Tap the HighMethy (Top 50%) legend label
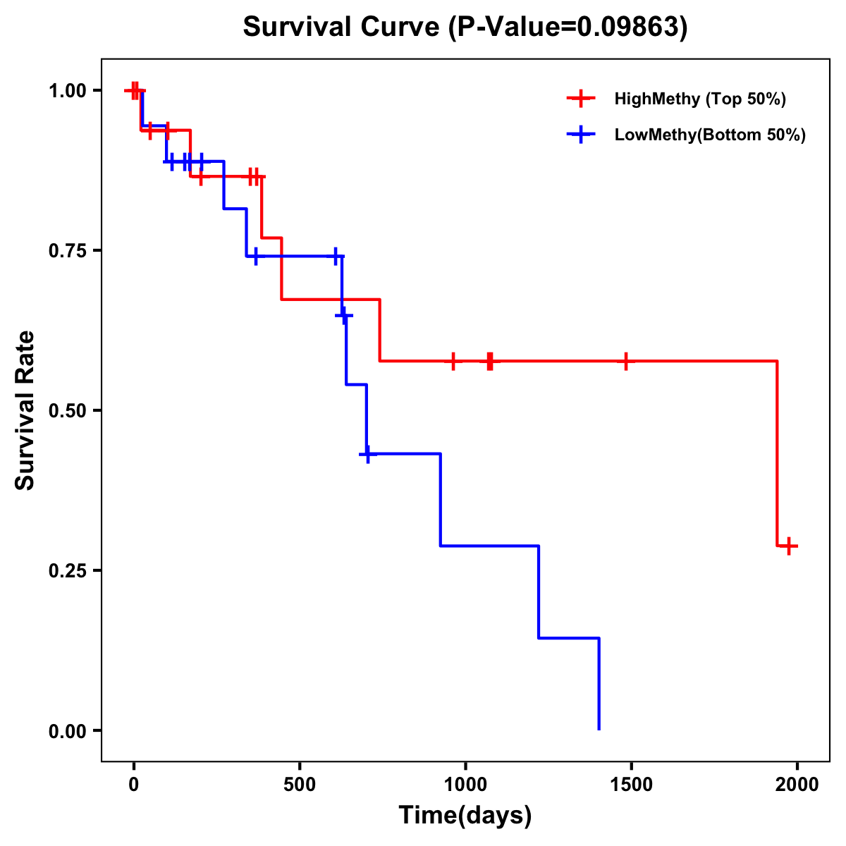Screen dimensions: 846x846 click(x=699, y=99)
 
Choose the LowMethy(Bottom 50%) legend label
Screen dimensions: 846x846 click(x=710, y=135)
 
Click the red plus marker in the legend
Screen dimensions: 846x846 click(x=581, y=99)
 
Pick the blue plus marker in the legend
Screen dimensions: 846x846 click(x=581, y=135)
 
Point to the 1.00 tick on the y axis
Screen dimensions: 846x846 click(x=66, y=91)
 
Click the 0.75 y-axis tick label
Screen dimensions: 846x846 click(x=66, y=251)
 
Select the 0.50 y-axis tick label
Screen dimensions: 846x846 click(x=66, y=411)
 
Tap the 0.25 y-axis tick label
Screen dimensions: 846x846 click(x=66, y=571)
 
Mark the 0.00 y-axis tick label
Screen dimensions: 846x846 click(x=66, y=731)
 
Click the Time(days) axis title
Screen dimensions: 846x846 click(x=465, y=816)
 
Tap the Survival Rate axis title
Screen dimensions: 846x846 click(x=25, y=410)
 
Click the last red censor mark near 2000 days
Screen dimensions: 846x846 click(x=790, y=546)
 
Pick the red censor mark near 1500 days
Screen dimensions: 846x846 click(x=625, y=361)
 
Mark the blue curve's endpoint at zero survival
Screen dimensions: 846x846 click(x=599, y=728)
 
